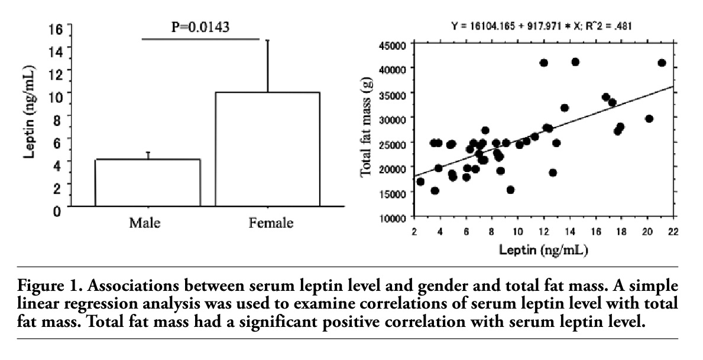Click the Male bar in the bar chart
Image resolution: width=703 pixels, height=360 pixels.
[148, 183]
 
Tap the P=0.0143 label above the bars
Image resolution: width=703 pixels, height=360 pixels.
[200, 27]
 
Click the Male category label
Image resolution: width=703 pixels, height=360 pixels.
[145, 223]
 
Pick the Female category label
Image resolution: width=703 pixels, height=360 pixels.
[270, 223]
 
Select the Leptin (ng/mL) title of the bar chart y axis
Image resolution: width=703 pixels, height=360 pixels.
[29, 119]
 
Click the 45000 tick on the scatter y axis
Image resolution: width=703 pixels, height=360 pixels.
[391, 44]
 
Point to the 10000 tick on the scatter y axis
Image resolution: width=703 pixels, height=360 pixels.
[391, 218]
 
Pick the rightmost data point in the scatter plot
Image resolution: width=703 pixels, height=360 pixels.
[662, 63]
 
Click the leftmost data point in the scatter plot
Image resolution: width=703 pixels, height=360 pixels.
[420, 181]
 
